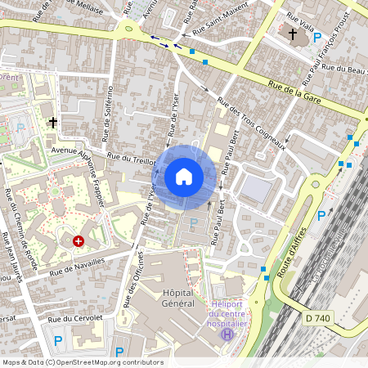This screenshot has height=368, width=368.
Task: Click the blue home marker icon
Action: tap(184, 176)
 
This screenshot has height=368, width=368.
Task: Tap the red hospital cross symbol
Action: tap(79, 241)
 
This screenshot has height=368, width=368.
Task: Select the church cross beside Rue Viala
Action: tap(294, 34)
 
